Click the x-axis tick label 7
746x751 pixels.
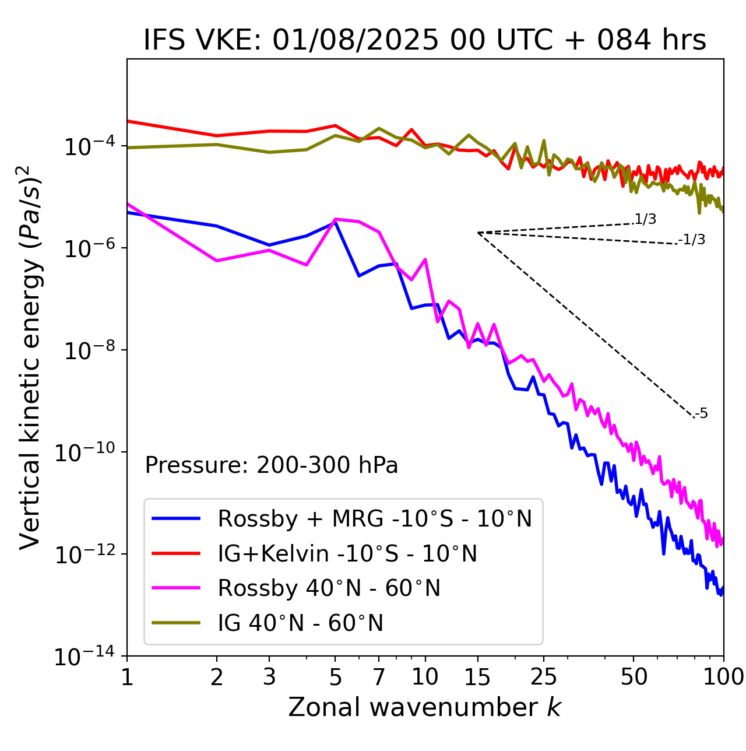[379, 677]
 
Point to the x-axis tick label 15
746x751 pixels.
[477, 677]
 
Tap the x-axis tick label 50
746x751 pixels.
[634, 677]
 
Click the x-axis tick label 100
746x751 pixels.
[723, 677]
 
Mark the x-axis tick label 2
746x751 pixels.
[217, 677]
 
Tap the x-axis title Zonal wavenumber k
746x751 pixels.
[425, 707]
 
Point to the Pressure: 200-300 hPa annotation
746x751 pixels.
[272, 465]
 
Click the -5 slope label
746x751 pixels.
[702, 414]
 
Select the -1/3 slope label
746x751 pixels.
[692, 240]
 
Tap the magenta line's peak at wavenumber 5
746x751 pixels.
[335, 219]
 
